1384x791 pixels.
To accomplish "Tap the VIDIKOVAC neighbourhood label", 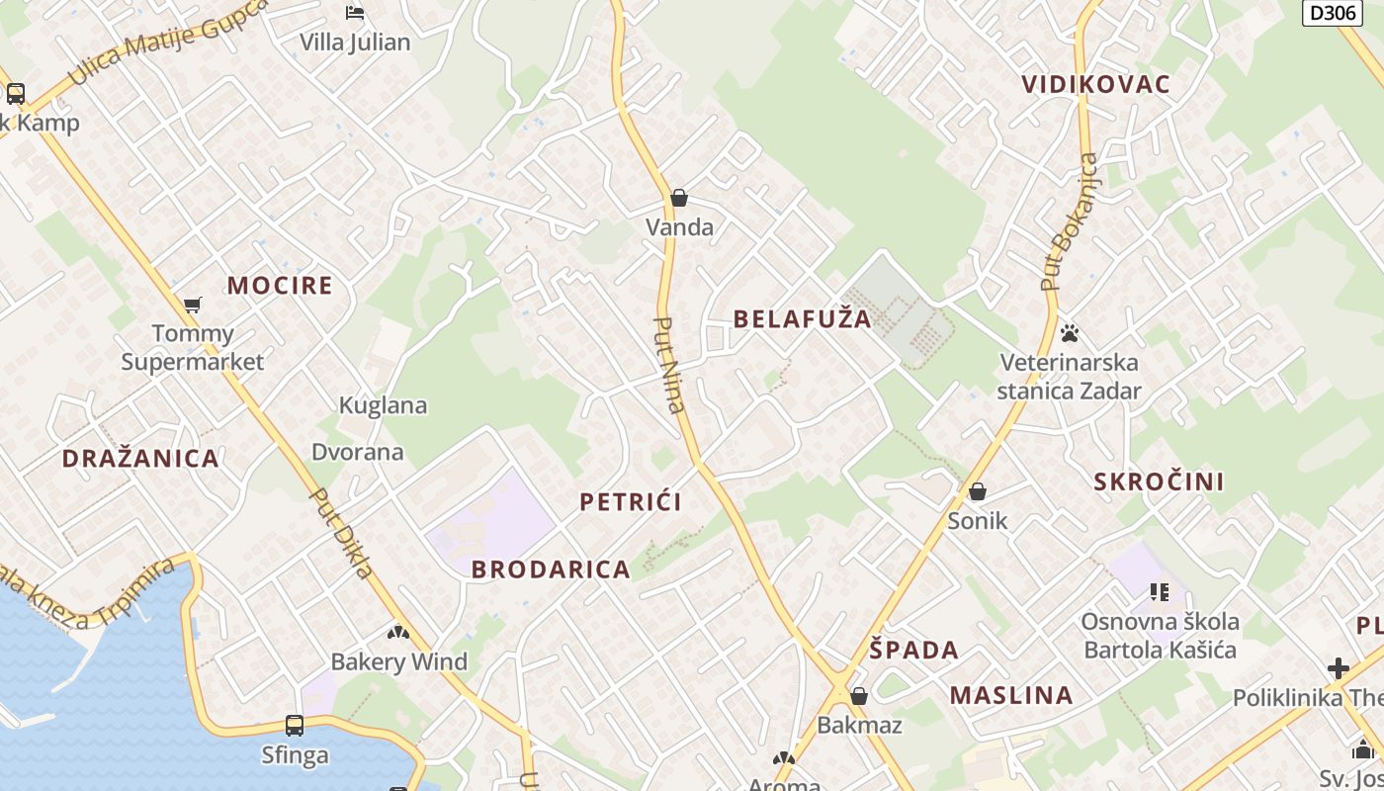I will (x=1095, y=84).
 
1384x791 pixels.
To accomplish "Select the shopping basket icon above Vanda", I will (x=679, y=198).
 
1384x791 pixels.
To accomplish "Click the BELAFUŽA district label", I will (x=803, y=318).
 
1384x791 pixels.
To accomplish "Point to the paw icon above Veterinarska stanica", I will (x=1069, y=333).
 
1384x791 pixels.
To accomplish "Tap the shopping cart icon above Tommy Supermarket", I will (x=193, y=305).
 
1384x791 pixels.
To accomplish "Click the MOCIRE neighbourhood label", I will (x=280, y=286).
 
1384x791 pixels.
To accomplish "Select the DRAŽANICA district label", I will (x=140, y=458).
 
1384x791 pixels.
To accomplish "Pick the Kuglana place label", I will (x=383, y=405).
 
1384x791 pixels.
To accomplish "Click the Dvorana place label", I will (x=358, y=452).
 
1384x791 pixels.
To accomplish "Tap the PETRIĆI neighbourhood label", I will (x=631, y=501).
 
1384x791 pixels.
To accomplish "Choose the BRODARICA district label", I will (x=551, y=569).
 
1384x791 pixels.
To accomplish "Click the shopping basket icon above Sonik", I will (x=978, y=491).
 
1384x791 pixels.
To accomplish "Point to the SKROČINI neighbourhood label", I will (x=1159, y=482).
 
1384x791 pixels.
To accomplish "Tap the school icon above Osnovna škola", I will (x=1160, y=592).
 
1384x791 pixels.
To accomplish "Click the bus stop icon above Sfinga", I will (x=295, y=726).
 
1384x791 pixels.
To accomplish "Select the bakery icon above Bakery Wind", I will (x=398, y=632).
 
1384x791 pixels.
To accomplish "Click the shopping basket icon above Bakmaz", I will (x=859, y=696).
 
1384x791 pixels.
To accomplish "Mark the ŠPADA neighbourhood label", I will (x=914, y=650).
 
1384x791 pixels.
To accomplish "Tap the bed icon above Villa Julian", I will (x=355, y=13).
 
